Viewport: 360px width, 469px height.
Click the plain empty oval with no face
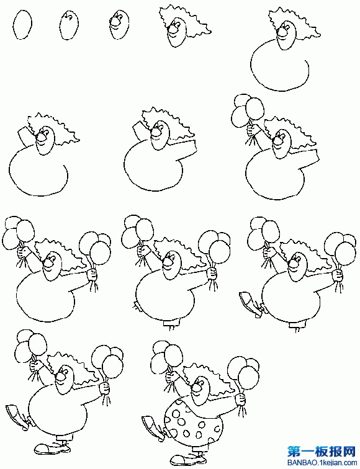(x=22, y=24)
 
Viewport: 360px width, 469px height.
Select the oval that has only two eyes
(x=69, y=25)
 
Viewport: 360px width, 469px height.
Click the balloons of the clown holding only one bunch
(x=247, y=110)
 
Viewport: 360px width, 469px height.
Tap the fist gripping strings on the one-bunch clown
(x=251, y=130)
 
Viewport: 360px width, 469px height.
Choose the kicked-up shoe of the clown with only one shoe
(x=250, y=303)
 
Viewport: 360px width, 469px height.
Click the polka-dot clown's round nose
(x=196, y=387)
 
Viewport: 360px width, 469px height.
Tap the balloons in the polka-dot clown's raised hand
(x=167, y=357)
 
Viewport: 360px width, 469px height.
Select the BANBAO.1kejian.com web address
(x=322, y=462)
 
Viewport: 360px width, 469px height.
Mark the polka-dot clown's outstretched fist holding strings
(x=240, y=400)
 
